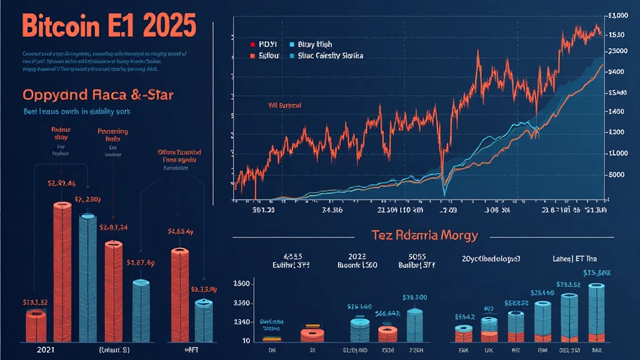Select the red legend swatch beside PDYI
(252, 45)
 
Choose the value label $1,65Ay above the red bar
(180, 231)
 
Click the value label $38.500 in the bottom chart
(415, 297)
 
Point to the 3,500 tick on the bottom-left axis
(242, 284)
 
